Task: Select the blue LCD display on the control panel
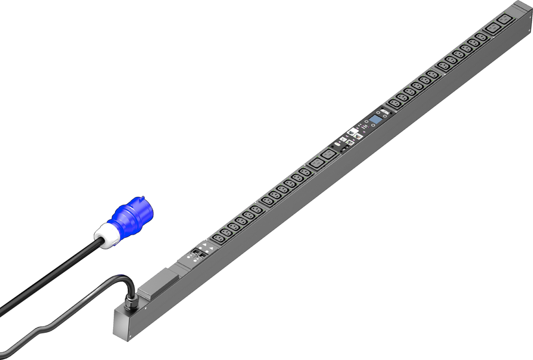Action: pos(376,120)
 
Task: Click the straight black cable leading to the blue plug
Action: pos(52,274)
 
